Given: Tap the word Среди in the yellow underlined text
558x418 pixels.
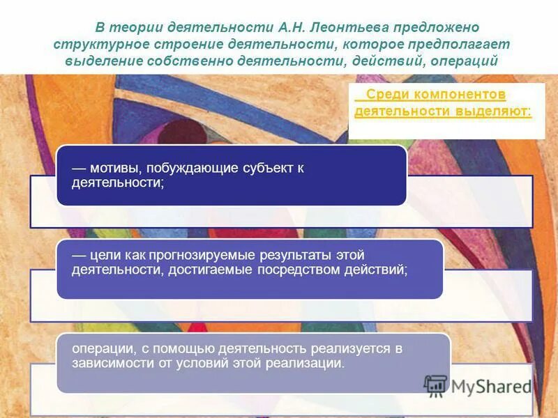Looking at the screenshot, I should tap(384, 94).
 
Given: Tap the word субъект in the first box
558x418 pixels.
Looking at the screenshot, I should tap(265, 169).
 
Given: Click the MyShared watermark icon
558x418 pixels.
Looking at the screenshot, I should tap(436, 385).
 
